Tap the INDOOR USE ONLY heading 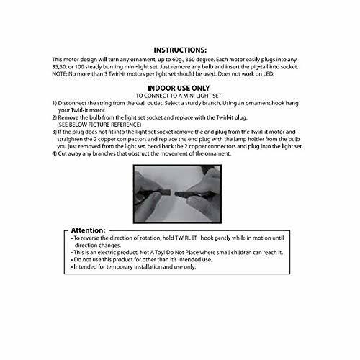pyautogui.click(x=179, y=87)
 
